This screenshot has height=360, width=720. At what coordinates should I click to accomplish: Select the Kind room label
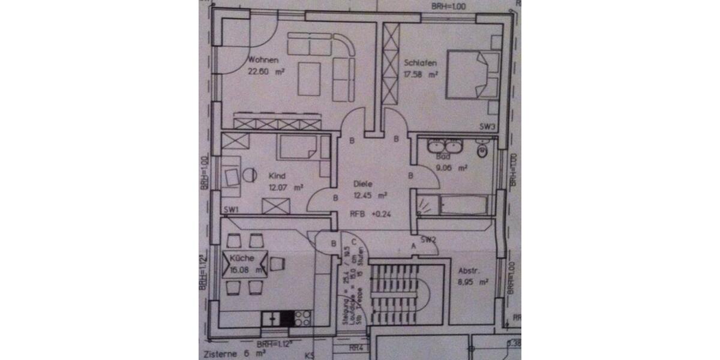tap(277, 176)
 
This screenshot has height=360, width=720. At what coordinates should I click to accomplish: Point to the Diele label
tap(364, 184)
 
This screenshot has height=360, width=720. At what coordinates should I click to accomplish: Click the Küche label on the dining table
tap(242, 259)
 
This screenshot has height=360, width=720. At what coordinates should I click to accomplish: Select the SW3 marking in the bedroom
tap(487, 127)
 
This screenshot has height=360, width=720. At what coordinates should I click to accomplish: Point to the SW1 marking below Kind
tap(231, 209)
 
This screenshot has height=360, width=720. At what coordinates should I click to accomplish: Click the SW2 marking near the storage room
tap(428, 240)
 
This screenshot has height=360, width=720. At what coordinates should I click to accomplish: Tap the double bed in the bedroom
tap(473, 74)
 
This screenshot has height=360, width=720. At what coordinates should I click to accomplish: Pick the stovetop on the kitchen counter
tap(303, 317)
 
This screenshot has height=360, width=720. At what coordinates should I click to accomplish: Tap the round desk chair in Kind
tap(248, 176)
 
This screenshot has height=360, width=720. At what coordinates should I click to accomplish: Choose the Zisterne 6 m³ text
tap(225, 354)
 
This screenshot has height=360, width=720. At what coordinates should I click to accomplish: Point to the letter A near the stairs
tap(413, 246)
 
